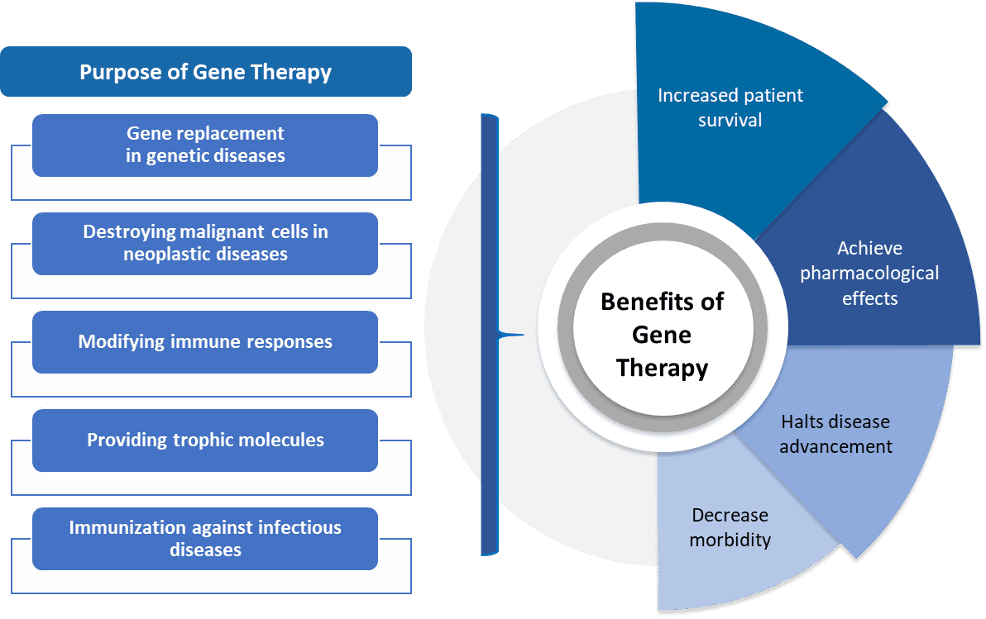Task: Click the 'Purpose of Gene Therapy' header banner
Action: click(x=206, y=72)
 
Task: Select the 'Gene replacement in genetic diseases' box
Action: click(x=205, y=145)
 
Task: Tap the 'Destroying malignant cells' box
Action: click(x=205, y=244)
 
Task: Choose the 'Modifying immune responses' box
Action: click(x=205, y=342)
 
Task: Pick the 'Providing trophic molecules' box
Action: click(x=205, y=440)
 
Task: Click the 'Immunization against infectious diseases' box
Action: click(x=205, y=539)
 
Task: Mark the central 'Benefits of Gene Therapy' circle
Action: click(x=662, y=327)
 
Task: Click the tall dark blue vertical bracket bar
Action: click(x=490, y=335)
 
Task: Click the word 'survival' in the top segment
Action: click(x=730, y=120)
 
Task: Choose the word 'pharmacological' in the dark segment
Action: click(x=869, y=274)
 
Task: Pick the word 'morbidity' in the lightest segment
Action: click(x=730, y=540)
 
